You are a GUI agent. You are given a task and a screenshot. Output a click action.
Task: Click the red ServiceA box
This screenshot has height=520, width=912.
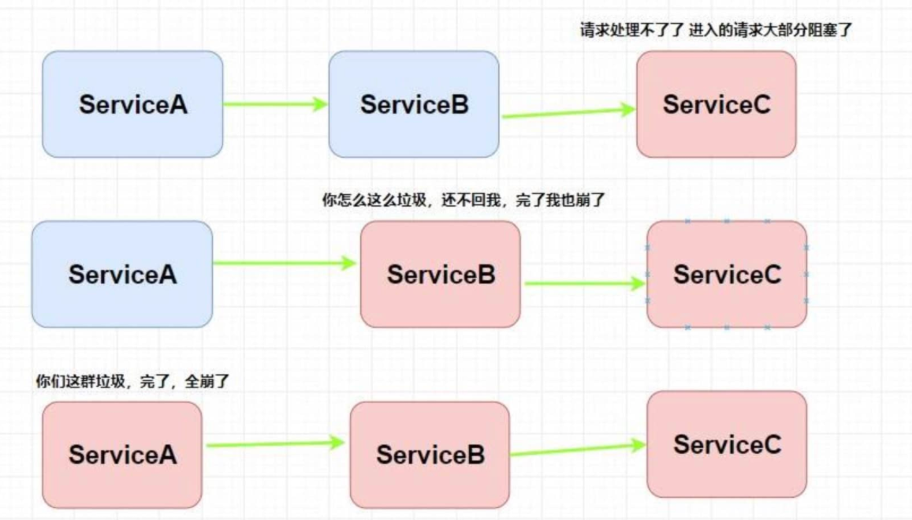click(122, 455)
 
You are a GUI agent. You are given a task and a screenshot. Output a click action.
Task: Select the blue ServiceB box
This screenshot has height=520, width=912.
click(414, 104)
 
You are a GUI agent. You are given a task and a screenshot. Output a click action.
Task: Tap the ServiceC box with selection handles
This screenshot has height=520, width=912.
click(727, 275)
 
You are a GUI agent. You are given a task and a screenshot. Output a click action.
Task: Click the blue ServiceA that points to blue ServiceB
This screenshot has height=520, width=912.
click(132, 104)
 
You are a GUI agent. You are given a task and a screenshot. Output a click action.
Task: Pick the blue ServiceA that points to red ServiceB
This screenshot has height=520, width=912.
click(122, 275)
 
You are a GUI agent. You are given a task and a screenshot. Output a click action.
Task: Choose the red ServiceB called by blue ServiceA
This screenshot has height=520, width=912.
click(441, 275)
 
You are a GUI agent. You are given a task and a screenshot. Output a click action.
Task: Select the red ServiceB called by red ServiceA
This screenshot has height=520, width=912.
click(430, 455)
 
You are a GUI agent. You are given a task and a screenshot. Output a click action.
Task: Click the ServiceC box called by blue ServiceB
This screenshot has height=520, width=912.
click(716, 104)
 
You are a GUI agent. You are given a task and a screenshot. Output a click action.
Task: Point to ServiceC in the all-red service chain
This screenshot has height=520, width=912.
click(727, 444)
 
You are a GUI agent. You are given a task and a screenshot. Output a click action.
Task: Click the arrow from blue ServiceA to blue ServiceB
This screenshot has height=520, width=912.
click(275, 103)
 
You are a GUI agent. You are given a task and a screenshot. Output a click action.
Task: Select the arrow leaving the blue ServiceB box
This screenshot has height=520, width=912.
click(568, 113)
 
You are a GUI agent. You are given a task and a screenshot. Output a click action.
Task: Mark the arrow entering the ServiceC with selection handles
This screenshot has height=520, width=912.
click(584, 283)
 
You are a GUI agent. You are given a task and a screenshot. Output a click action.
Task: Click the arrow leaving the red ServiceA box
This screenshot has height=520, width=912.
click(275, 444)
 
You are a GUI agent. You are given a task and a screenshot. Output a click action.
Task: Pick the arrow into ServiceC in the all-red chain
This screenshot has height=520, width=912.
click(578, 450)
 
